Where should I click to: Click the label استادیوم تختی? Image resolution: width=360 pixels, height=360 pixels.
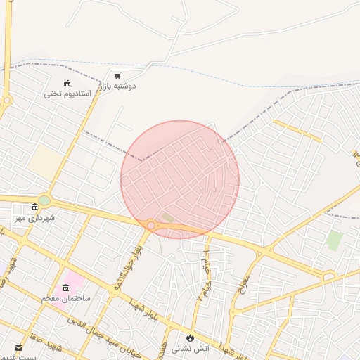[67, 94]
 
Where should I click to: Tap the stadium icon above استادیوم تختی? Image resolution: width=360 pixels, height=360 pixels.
[67, 84]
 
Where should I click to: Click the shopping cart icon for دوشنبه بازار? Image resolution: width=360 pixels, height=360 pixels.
[117, 75]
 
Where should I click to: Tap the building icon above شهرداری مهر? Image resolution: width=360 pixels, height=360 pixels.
[35, 207]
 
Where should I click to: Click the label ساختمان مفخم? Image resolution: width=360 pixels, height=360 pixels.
[66, 298]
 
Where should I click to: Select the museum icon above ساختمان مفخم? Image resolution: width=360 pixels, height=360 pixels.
[66, 288]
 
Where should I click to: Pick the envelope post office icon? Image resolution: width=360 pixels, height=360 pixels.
[18, 347]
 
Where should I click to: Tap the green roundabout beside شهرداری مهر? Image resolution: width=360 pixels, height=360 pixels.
[44, 200]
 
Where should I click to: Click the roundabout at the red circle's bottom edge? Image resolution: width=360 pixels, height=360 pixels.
[150, 225]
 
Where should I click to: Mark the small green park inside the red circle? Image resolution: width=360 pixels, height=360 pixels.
[167, 217]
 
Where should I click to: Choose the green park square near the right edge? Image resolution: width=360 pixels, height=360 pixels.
[334, 240]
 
